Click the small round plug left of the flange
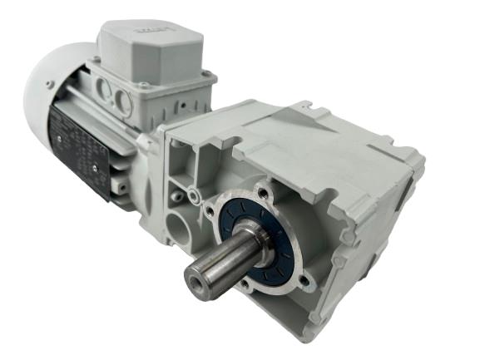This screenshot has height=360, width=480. (193, 195)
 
